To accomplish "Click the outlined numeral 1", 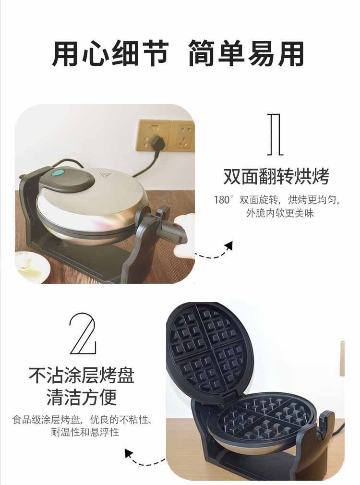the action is (x=275, y=134).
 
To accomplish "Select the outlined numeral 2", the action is (x=83, y=333).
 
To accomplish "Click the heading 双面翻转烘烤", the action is (x=276, y=177).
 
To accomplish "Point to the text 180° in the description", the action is (x=223, y=200).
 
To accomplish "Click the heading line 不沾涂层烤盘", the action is (x=82, y=375).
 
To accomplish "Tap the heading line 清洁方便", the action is (x=82, y=397).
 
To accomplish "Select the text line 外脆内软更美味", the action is (x=280, y=213).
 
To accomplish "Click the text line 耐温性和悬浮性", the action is (x=85, y=432).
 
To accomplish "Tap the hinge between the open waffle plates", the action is (x=229, y=396).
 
